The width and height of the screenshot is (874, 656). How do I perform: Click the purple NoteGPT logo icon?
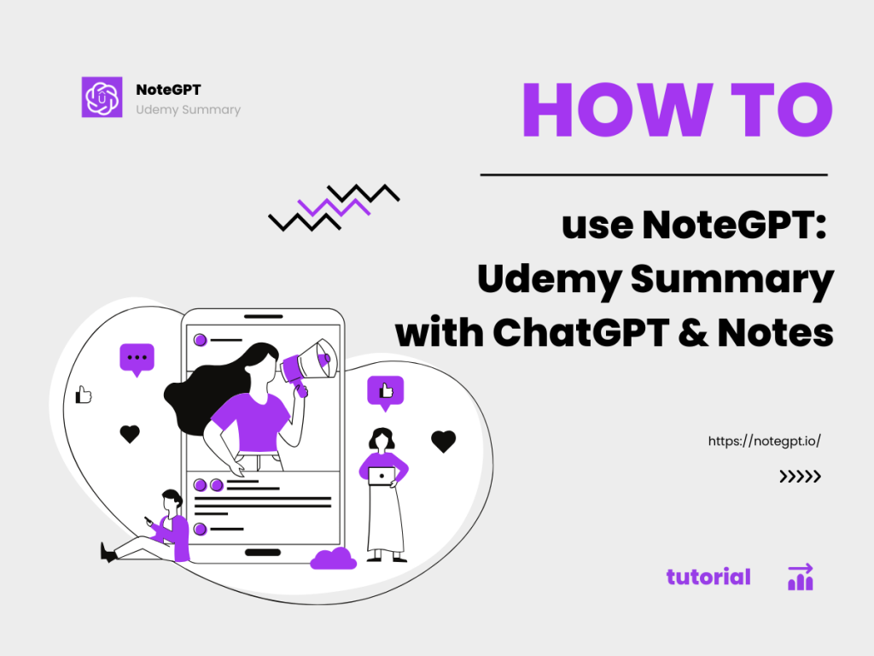click(102, 97)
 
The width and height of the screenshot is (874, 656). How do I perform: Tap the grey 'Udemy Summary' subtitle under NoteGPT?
click(188, 109)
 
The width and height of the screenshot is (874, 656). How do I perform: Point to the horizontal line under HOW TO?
click(654, 175)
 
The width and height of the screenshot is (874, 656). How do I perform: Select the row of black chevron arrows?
click(800, 477)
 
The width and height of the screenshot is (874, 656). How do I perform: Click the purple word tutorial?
click(708, 577)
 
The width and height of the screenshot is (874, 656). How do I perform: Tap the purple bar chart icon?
click(801, 577)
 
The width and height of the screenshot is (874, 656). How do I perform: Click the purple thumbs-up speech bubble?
click(385, 392)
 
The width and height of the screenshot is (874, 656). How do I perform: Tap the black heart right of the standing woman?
click(443, 441)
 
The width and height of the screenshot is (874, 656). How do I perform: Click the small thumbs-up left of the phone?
click(84, 395)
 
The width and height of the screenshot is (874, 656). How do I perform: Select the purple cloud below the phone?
click(333, 559)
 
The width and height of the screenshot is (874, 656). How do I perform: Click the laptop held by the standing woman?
click(382, 476)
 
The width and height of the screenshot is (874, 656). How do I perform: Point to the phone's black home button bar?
click(262, 553)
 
